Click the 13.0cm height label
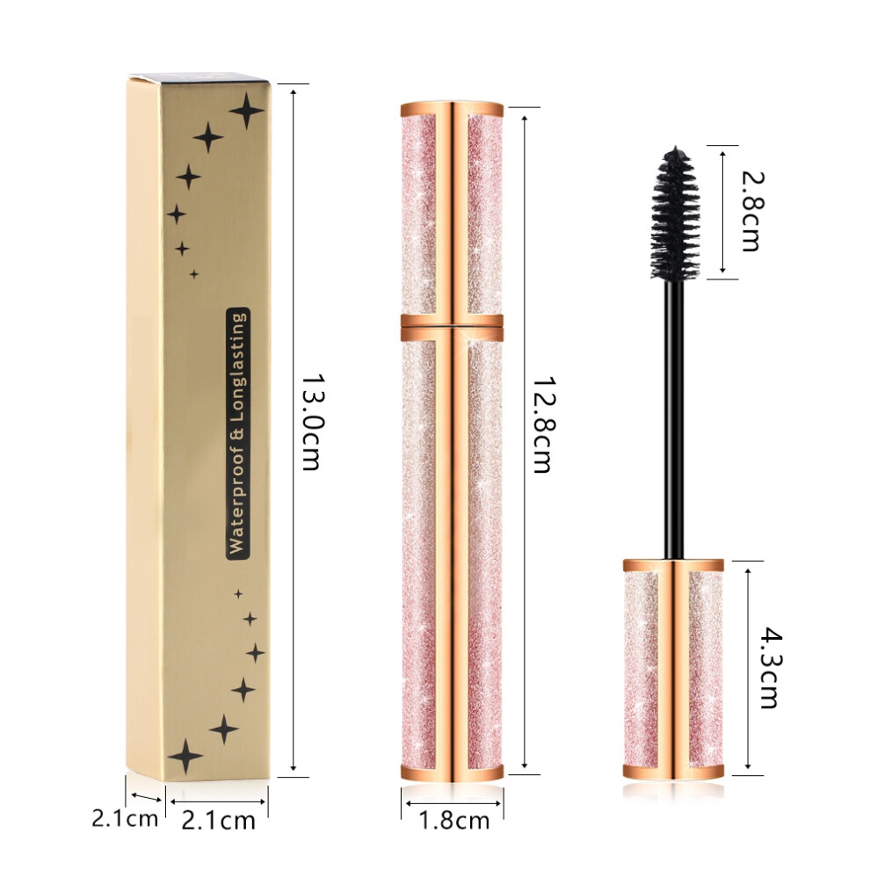coord(312,422)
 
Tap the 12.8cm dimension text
coord(542,424)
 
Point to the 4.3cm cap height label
coord(770,668)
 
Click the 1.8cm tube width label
coord(453,821)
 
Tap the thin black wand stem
coord(675,419)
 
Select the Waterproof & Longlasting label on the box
coord(237,433)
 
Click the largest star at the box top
coord(247,111)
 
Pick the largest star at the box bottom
coord(185,756)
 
